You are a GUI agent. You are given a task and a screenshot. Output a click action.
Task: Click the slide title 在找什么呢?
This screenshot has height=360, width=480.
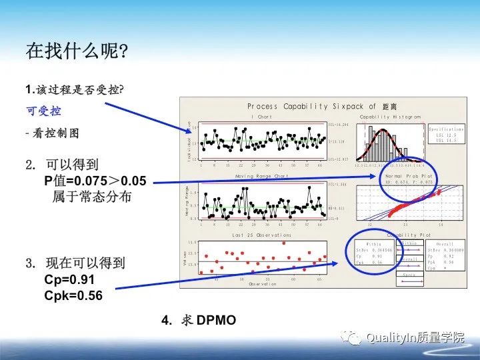tap(77, 51)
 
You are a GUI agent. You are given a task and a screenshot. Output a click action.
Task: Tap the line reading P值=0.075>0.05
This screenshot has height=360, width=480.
tap(95, 180)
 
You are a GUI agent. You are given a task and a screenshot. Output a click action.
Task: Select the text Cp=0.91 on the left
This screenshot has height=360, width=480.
tap(69, 279)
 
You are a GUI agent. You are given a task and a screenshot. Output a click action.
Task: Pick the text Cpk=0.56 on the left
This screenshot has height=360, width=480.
tap(73, 295)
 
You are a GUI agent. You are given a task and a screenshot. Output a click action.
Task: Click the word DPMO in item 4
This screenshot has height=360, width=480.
tap(216, 321)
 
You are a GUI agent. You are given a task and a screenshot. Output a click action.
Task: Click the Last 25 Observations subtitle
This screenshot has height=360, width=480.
tap(261, 235)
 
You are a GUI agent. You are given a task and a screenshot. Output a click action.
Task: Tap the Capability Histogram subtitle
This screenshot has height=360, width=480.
tap(390, 117)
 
